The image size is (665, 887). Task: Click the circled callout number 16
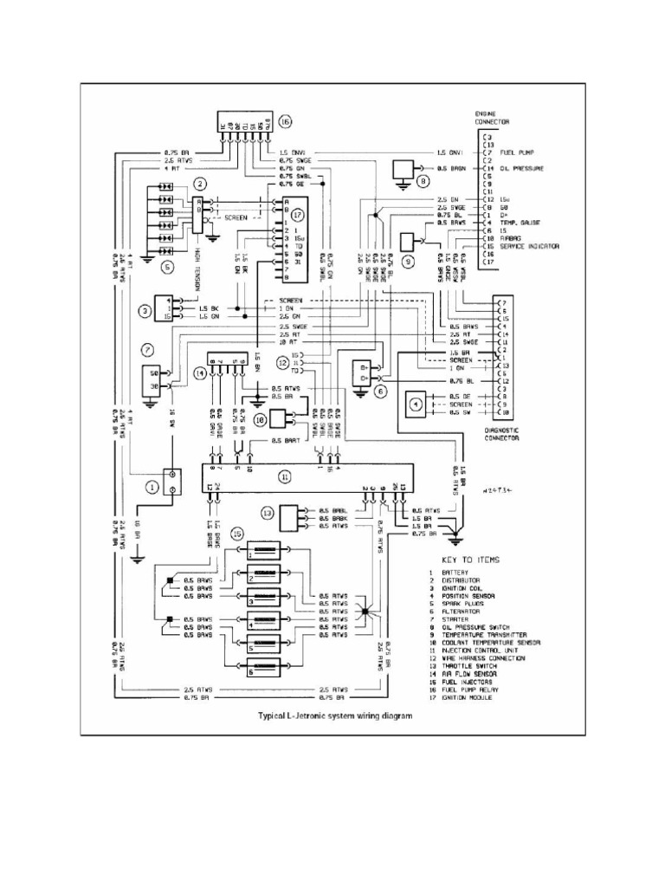pos(286,121)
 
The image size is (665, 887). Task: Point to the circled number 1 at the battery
pos(152,487)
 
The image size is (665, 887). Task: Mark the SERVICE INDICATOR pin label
pos(530,246)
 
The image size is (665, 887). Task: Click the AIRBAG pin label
pos(512,238)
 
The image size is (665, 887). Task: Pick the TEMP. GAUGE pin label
pos(520,223)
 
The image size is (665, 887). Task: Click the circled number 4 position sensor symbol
pos(416,404)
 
